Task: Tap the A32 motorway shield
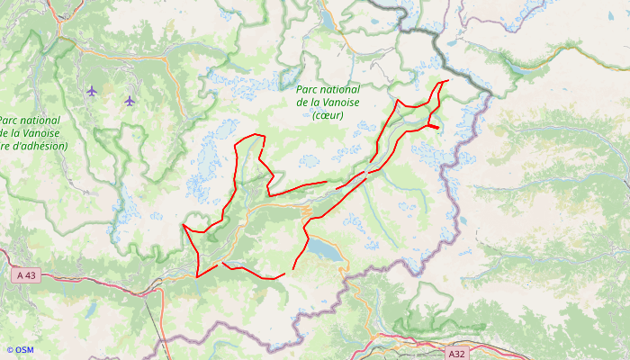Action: pos(456,354)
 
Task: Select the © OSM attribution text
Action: pos(19,350)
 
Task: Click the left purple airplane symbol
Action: pos(92,90)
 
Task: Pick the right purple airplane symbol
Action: pos(130,100)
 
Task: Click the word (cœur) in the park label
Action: pos(328,115)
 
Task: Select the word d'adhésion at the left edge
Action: pos(36,146)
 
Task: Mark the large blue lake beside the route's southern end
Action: pos(326,249)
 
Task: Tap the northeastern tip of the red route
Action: pos(447,81)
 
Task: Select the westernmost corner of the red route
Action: pos(183,225)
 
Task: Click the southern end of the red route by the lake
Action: pos(293,268)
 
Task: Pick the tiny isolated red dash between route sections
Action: pos(340,187)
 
